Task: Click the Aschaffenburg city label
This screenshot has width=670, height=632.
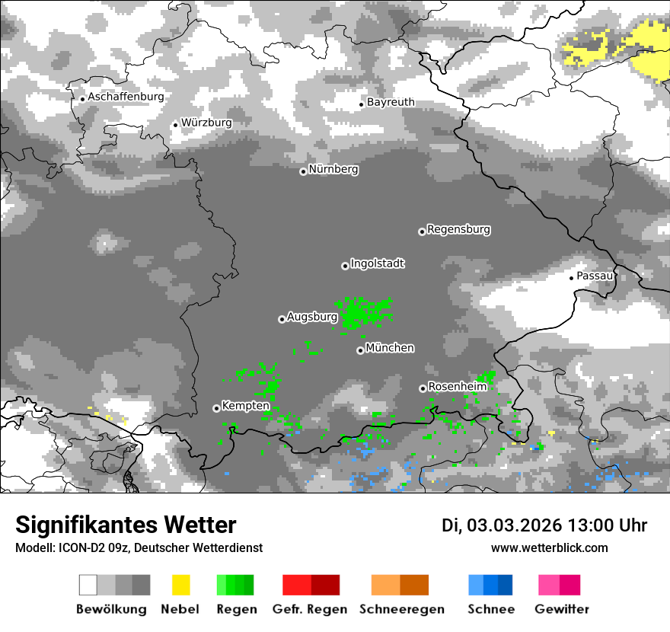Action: (126, 97)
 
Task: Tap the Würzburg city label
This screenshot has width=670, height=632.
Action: (206, 123)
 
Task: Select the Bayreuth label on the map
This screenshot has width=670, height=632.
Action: (391, 102)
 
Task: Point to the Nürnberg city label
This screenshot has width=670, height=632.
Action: (333, 170)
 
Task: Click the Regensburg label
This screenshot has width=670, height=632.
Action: (458, 229)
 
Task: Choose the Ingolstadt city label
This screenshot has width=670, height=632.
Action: (377, 264)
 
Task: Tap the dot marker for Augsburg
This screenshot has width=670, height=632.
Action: (282, 319)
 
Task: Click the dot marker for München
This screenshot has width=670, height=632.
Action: (360, 350)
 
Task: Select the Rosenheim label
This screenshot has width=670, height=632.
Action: (457, 387)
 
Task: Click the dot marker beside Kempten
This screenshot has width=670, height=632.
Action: (216, 408)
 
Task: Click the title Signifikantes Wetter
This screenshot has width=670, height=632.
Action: (126, 525)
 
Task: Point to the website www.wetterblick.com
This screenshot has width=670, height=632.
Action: (549, 547)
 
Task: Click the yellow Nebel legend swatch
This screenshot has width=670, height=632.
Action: (180, 585)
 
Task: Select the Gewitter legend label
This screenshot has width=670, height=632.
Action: (561, 609)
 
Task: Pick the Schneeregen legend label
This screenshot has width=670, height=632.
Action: (402, 609)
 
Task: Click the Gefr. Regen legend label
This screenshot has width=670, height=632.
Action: (310, 609)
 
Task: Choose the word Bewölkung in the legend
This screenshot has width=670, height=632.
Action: (111, 609)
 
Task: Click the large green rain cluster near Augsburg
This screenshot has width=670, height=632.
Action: (364, 312)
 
